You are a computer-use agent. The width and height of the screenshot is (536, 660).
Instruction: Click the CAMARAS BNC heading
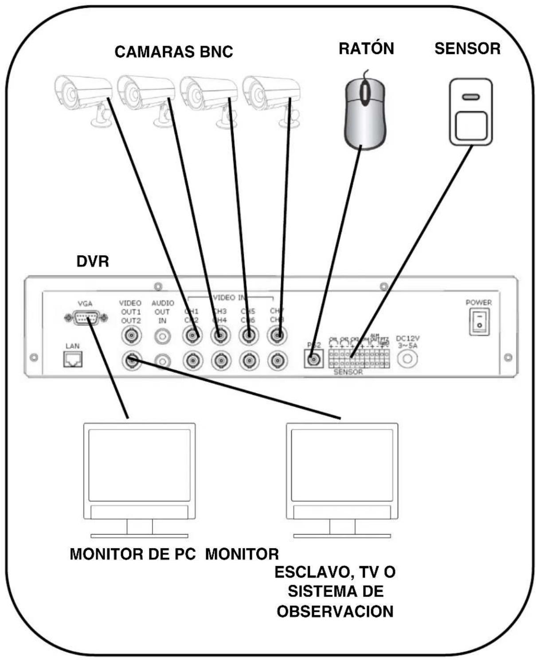(x=173, y=52)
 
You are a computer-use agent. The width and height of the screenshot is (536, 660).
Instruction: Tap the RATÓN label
(x=366, y=48)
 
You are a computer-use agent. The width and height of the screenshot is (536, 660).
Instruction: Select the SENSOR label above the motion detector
(x=467, y=48)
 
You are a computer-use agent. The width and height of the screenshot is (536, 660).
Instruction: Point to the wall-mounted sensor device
(x=470, y=112)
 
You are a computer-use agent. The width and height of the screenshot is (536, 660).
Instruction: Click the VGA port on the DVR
(x=86, y=318)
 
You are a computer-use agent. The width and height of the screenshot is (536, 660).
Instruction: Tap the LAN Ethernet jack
(x=73, y=359)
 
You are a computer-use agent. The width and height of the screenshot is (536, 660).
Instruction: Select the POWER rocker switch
(x=479, y=322)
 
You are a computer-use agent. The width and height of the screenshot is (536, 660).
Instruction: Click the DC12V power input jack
(x=407, y=358)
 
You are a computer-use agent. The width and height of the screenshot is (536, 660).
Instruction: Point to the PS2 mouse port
(x=313, y=358)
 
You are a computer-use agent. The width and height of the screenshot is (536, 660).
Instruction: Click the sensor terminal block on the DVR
(x=359, y=358)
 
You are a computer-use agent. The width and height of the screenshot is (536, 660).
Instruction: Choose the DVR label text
(x=92, y=262)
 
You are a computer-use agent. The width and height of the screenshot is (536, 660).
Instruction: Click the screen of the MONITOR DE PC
(x=139, y=465)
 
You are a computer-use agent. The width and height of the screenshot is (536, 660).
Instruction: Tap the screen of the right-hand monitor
(x=342, y=465)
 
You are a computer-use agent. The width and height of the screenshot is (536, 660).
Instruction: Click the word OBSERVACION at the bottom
(x=335, y=611)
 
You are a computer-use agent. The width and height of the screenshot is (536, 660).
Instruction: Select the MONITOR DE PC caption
(x=133, y=554)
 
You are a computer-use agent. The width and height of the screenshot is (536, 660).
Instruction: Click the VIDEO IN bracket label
(x=230, y=297)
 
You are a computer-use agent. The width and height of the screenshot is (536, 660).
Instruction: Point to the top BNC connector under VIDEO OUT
(x=132, y=336)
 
